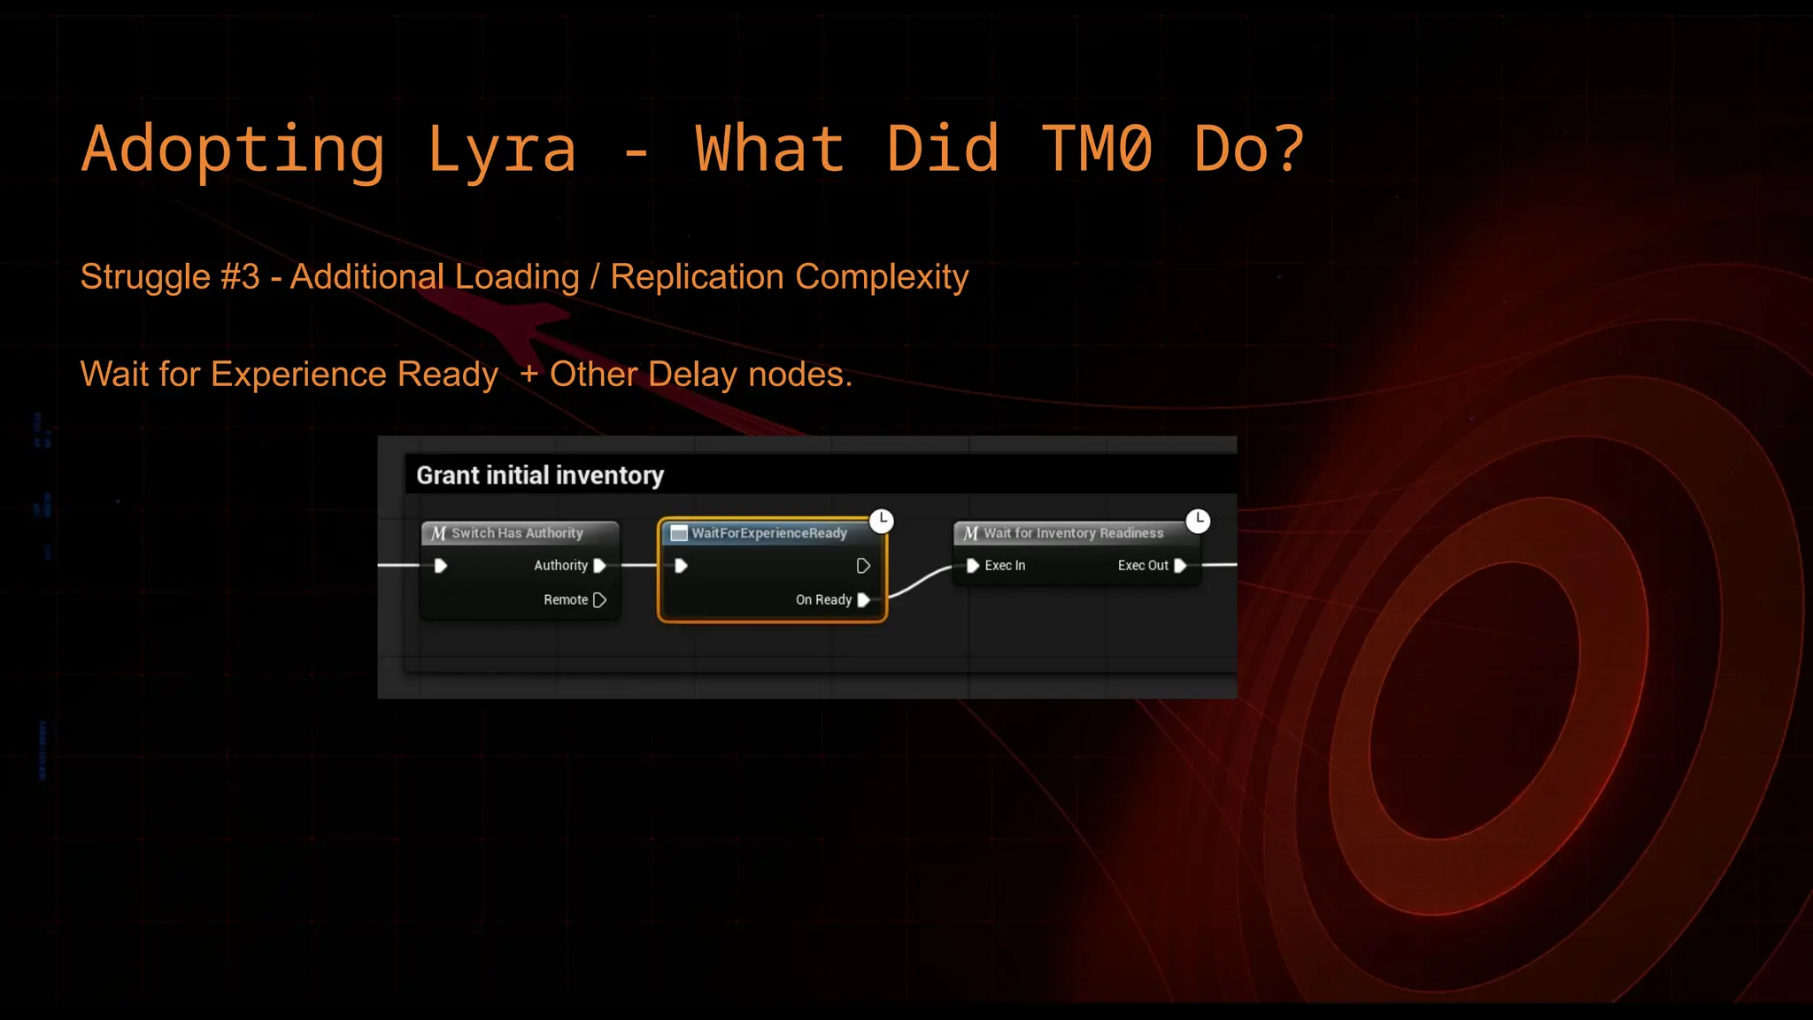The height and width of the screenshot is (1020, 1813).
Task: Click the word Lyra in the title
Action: pos(502,150)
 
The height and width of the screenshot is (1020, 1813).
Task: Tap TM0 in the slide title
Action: pos(1097,150)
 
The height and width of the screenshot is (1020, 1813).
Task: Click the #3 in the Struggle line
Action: pos(240,277)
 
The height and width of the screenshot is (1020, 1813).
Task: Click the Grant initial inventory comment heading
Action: pos(540,475)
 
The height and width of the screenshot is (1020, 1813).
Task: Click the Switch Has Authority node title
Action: pos(517,533)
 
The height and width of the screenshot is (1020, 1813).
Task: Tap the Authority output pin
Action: pos(599,566)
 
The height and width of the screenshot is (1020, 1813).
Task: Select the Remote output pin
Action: pos(599,600)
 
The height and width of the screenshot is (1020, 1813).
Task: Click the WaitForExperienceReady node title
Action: pos(768,533)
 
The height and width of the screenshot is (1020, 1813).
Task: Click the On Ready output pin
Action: pos(863,600)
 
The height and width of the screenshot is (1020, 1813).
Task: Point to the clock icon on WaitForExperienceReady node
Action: pos(882,521)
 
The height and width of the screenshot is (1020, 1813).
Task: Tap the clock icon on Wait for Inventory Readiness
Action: pos(1198,521)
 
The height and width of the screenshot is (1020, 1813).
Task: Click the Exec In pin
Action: pos(973,566)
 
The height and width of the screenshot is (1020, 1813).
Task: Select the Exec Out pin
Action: pos(1179,566)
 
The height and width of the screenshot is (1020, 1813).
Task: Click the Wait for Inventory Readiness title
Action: pos(1073,533)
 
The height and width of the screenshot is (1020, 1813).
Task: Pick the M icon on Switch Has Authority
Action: pos(438,533)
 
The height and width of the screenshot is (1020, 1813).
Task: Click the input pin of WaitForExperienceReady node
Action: pos(681,566)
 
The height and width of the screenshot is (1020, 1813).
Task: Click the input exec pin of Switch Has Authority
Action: pos(440,566)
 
